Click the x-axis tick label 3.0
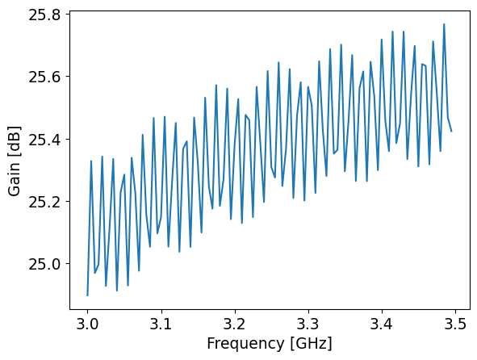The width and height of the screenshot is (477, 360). (x=87, y=326)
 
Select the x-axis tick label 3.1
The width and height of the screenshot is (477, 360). (x=161, y=326)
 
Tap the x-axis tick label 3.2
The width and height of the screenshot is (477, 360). (x=235, y=326)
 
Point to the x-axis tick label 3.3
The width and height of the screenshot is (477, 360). (x=308, y=326)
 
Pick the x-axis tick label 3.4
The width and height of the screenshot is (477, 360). (x=382, y=326)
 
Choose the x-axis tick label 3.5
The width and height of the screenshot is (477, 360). (x=455, y=326)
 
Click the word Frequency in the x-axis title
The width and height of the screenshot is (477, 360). (x=241, y=344)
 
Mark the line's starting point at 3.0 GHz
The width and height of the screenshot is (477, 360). (x=87, y=295)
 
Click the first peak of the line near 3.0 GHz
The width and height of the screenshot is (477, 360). (x=91, y=161)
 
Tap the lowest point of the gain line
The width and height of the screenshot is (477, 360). (x=87, y=295)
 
